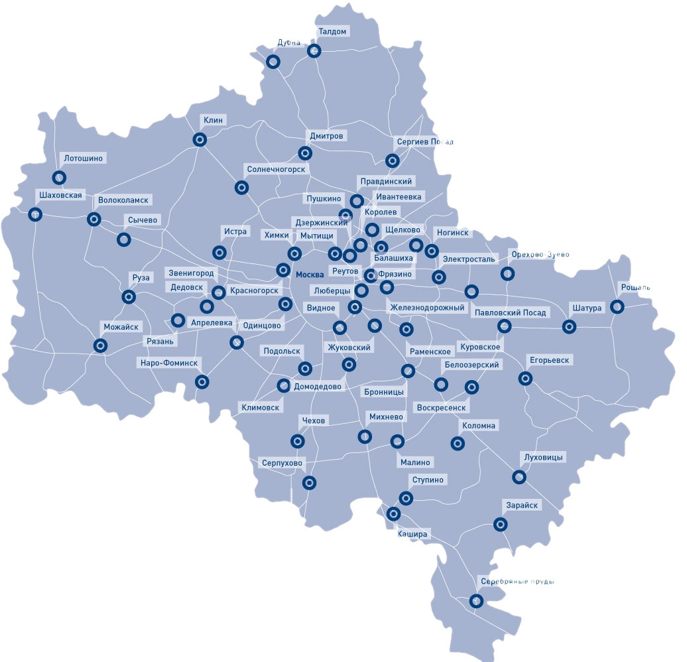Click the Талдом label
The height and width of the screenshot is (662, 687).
[332, 31]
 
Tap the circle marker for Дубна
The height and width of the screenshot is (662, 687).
[273, 62]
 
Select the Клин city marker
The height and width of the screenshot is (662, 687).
[199, 140]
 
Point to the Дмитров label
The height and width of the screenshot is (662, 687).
[326, 136]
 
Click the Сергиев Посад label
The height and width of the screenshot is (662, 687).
[424, 142]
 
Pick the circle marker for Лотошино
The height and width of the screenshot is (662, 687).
[60, 177]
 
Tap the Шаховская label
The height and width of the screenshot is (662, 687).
[60, 195]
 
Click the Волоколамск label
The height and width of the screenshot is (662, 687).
[123, 200]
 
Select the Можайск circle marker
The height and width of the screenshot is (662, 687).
[100, 345]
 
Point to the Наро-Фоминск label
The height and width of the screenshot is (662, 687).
[168, 363]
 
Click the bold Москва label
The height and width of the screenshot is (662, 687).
[310, 275]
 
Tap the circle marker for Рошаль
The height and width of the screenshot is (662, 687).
[617, 306]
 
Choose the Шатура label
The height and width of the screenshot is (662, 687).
[586, 308]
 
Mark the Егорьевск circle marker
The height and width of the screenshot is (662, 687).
[525, 378]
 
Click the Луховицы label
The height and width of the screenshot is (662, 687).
[543, 458]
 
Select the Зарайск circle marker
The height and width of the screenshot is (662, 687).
[501, 524]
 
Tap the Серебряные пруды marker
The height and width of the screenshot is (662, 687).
[475, 601]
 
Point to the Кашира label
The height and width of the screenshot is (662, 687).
[414, 533]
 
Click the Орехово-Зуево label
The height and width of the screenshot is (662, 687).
[540, 255]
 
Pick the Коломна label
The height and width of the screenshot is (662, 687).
[479, 425]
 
